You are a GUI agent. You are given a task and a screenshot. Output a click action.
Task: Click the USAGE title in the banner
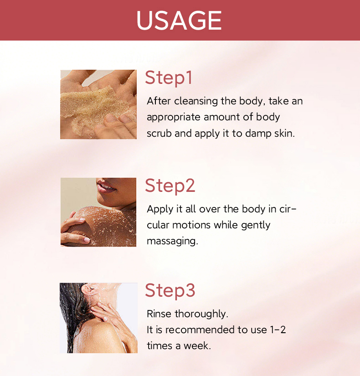pyautogui.click(x=179, y=21)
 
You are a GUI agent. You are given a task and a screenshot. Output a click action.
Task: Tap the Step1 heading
pyautogui.click(x=169, y=77)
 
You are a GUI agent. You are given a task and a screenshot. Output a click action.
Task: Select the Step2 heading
pyautogui.click(x=170, y=185)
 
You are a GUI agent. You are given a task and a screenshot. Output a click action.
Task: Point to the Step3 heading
pyautogui.click(x=170, y=290)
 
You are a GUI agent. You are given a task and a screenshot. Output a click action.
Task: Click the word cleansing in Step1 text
pyautogui.click(x=196, y=101)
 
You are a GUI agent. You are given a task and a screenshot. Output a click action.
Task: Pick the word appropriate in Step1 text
pyautogui.click(x=174, y=118)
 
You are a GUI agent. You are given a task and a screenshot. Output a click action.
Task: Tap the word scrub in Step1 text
pyautogui.click(x=159, y=134)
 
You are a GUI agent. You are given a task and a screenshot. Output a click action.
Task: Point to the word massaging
pyautogui.click(x=172, y=241)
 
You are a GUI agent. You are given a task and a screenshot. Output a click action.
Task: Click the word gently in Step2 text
pyautogui.click(x=256, y=226)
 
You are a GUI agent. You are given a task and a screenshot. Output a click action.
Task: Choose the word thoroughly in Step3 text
pyautogui.click(x=201, y=314)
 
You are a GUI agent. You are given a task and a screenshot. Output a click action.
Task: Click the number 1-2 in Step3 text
pyautogui.click(x=278, y=330)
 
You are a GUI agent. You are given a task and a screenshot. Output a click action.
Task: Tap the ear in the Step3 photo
pyautogui.click(x=88, y=290)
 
